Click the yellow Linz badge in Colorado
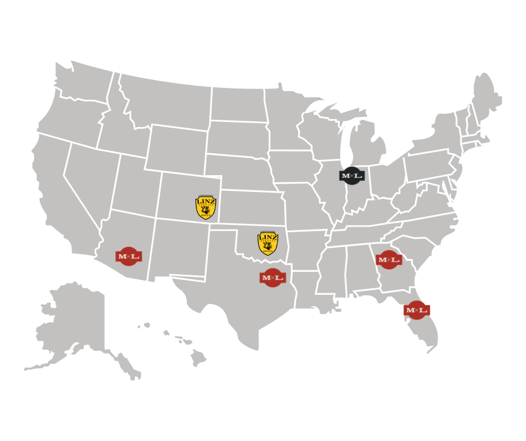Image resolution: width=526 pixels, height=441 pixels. tap(206, 207)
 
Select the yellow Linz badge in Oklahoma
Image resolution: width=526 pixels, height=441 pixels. tap(268, 243)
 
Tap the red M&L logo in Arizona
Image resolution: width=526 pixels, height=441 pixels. tap(129, 256)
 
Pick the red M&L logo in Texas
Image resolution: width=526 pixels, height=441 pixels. tap(273, 277)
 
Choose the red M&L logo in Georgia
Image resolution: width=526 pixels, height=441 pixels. tap(388, 260)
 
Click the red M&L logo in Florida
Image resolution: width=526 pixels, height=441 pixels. tap(416, 309)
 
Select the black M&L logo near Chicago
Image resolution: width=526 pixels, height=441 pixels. tap(351, 176)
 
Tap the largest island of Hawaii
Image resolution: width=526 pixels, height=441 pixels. tap(198, 356)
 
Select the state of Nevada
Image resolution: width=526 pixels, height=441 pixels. tap(90, 179)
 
